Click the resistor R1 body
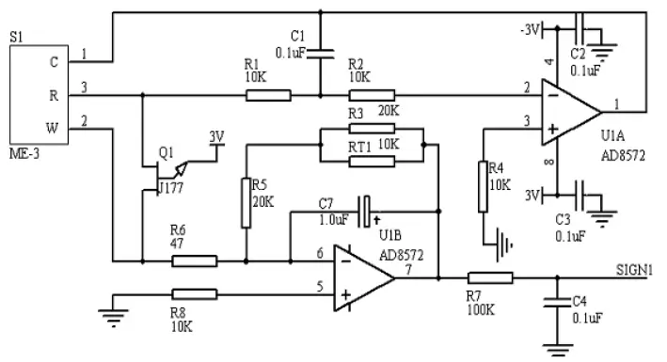coord(269,94)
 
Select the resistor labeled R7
coord(491,277)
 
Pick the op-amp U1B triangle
coord(361,277)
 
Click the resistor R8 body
coord(195,294)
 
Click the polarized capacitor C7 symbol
coord(368,205)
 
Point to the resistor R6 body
coord(195,260)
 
